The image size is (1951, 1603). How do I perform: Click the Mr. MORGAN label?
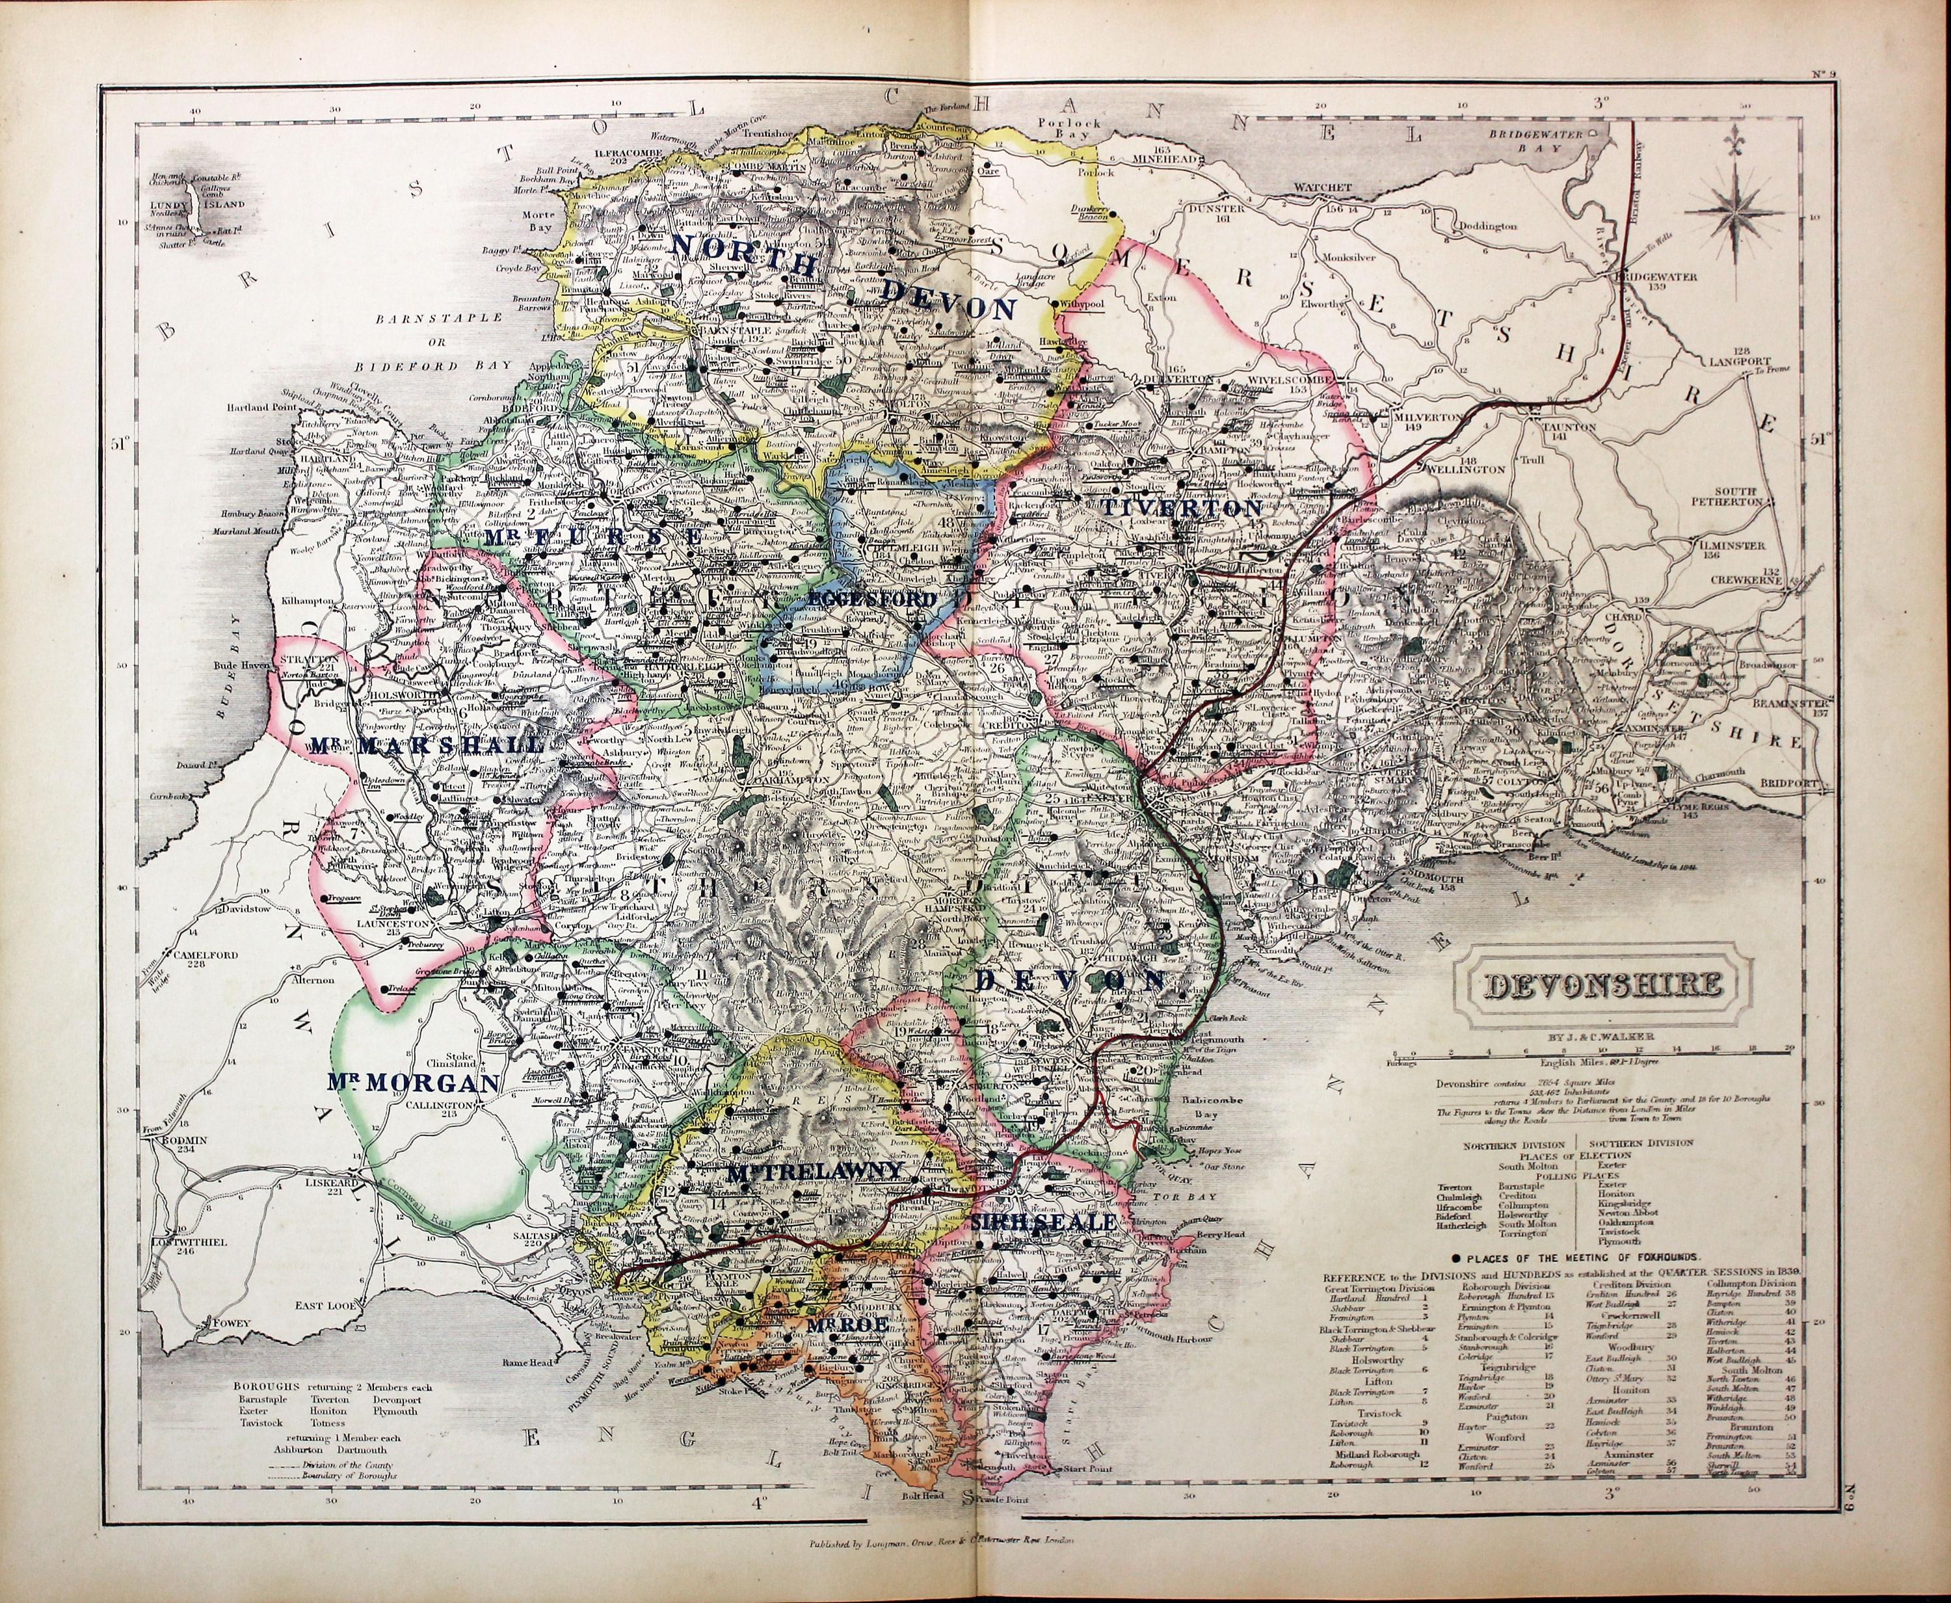point(412,1081)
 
